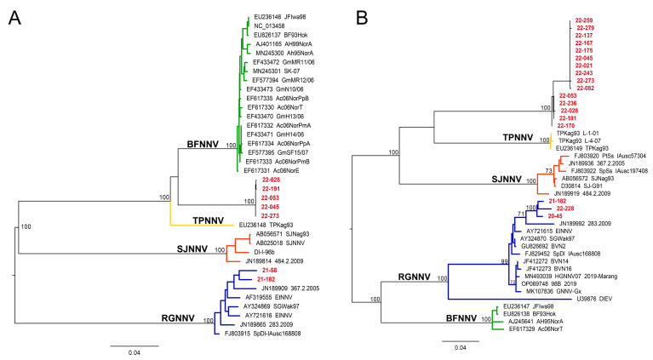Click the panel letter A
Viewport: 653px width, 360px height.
pos(14,15)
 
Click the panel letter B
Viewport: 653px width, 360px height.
pos(344,15)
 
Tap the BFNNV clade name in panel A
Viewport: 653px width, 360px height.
pos(203,146)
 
